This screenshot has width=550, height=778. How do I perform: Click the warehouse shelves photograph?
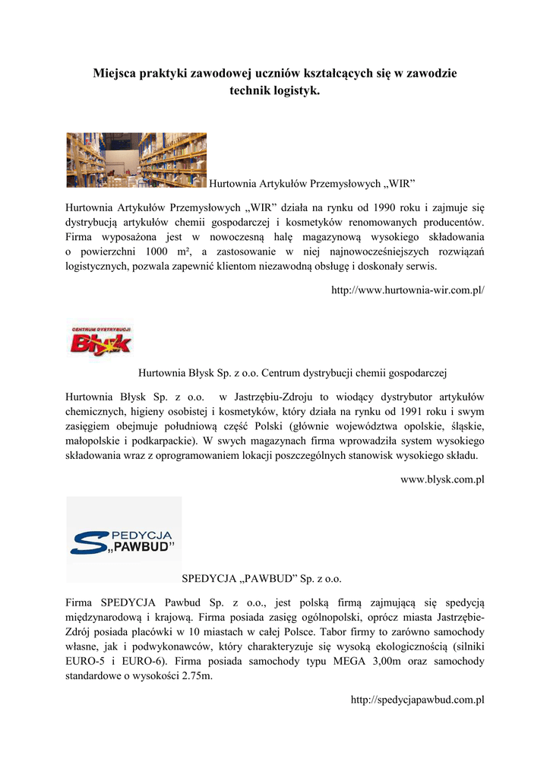[136, 160]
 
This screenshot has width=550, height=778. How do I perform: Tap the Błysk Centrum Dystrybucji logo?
[100, 340]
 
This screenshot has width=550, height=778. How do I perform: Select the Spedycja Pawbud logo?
[124, 539]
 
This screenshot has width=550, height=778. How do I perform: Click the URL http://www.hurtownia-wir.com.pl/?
[408, 290]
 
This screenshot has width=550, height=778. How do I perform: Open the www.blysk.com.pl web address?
[442, 479]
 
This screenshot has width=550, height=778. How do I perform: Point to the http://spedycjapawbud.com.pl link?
[417, 700]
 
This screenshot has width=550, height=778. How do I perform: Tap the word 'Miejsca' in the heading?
[114, 74]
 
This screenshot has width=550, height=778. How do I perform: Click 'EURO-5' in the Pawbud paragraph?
[84, 662]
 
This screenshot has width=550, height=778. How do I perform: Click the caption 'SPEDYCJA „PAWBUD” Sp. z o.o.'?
[262, 579]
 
